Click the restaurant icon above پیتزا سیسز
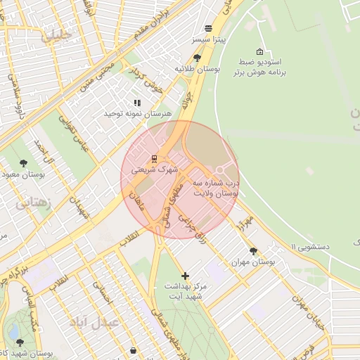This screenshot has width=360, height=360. click(209, 28)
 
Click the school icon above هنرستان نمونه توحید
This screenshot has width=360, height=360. click(137, 103)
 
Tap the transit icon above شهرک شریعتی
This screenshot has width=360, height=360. click(155, 158)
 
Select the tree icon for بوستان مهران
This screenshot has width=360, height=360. click(253, 251)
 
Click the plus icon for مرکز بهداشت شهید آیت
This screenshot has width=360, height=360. click(185, 276)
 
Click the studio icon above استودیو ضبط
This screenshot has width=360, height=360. click(260, 52)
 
